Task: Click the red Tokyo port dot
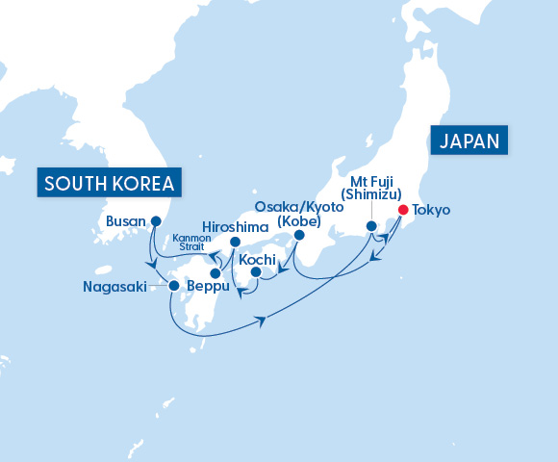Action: click(x=402, y=210)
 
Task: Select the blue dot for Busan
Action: click(x=155, y=220)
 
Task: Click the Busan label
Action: click(x=125, y=220)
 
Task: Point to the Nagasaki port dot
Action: click(x=172, y=285)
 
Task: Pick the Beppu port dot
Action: click(x=215, y=273)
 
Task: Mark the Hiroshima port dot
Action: click(x=236, y=243)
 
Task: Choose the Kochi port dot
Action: click(x=255, y=272)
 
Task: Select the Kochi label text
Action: click(x=258, y=257)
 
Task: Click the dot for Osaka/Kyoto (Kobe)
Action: click(x=298, y=235)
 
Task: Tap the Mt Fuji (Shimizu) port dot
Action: click(x=371, y=226)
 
